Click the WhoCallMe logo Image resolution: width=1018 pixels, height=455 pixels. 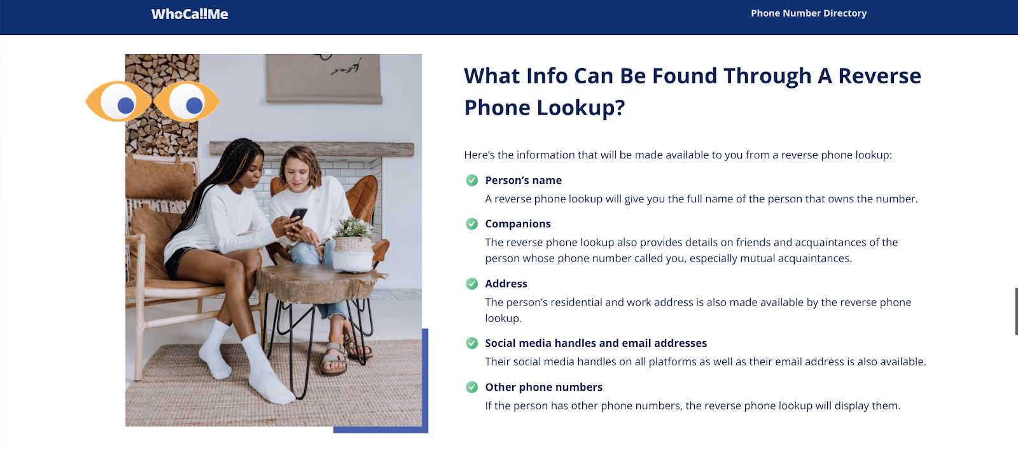coord(190,14)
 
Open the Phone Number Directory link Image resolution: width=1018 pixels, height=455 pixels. coord(809,13)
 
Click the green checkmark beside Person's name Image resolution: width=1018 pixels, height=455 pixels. coord(471,181)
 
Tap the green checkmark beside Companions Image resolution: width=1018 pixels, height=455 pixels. coord(471,223)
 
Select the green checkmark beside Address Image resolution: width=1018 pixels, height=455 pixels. coord(471,284)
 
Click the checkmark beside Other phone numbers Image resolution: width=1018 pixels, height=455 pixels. coord(471,388)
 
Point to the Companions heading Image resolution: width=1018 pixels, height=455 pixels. coord(518,223)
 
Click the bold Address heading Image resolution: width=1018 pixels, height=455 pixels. coord(506,284)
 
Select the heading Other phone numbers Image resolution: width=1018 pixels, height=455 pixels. coord(543,388)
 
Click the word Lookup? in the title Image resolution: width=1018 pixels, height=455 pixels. coord(580,108)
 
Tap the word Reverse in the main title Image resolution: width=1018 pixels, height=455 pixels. coord(879,76)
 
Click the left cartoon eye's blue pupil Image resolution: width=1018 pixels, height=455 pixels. coord(126,106)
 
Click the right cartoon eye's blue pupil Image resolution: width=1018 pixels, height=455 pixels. coord(194,106)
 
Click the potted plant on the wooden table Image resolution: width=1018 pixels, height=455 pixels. coord(353,244)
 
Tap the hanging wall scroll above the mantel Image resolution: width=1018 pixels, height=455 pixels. coord(324,79)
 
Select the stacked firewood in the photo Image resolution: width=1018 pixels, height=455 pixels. coord(162,104)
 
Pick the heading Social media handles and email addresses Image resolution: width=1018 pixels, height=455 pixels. coord(596,343)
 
